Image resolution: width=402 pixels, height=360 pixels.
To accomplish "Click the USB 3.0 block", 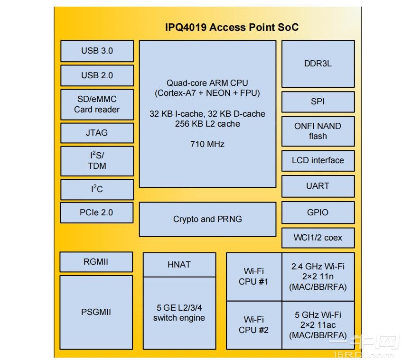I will pos(97,51).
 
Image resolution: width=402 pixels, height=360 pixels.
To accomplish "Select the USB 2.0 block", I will pos(97,75).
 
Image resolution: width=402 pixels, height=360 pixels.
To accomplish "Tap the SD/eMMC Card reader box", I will pos(97,104).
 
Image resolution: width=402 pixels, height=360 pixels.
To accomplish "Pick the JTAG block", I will pos(97,133).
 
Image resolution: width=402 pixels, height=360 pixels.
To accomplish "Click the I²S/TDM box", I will pos(97,160).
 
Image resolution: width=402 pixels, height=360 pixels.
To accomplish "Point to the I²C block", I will pos(97,189).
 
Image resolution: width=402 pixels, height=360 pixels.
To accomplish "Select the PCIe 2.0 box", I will pos(97,212).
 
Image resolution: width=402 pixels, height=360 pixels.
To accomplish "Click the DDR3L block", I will pos(318,64).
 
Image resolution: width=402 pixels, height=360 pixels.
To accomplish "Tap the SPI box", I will pos(318,102).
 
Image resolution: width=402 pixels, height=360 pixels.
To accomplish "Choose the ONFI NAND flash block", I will pos(318,131).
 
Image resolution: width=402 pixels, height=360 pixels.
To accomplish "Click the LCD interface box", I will pos(318,160).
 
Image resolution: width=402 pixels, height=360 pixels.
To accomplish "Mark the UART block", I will pos(318,186).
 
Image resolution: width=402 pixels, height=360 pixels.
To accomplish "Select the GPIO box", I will pos(318,212).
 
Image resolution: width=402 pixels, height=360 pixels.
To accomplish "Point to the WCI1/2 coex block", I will pos(318,238).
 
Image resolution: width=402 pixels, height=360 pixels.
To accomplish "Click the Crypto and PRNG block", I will pos(207,219).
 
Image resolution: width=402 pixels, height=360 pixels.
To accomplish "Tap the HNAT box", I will pos(179,265).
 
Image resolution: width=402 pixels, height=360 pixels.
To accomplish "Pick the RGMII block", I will pos(96,262).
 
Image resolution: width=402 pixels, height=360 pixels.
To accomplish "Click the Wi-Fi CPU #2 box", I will pos(254,325).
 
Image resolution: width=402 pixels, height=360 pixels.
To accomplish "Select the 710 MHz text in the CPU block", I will pos(207,144).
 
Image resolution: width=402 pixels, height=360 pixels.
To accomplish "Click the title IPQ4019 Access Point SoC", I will pos(232,27).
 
